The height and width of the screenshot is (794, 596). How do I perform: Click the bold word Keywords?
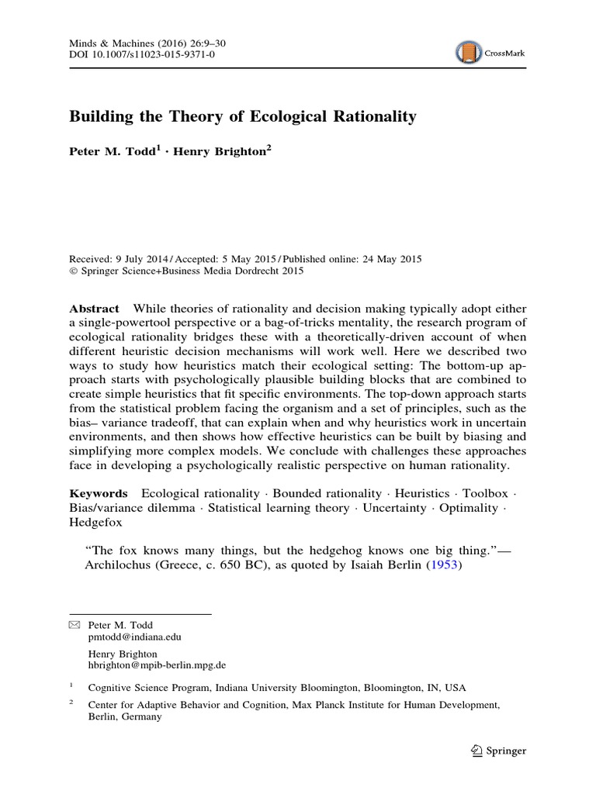pyautogui.click(x=99, y=493)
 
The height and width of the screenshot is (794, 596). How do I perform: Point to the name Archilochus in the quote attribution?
pyautogui.click(x=113, y=565)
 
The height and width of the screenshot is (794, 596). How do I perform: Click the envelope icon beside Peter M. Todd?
pyautogui.click(x=74, y=624)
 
